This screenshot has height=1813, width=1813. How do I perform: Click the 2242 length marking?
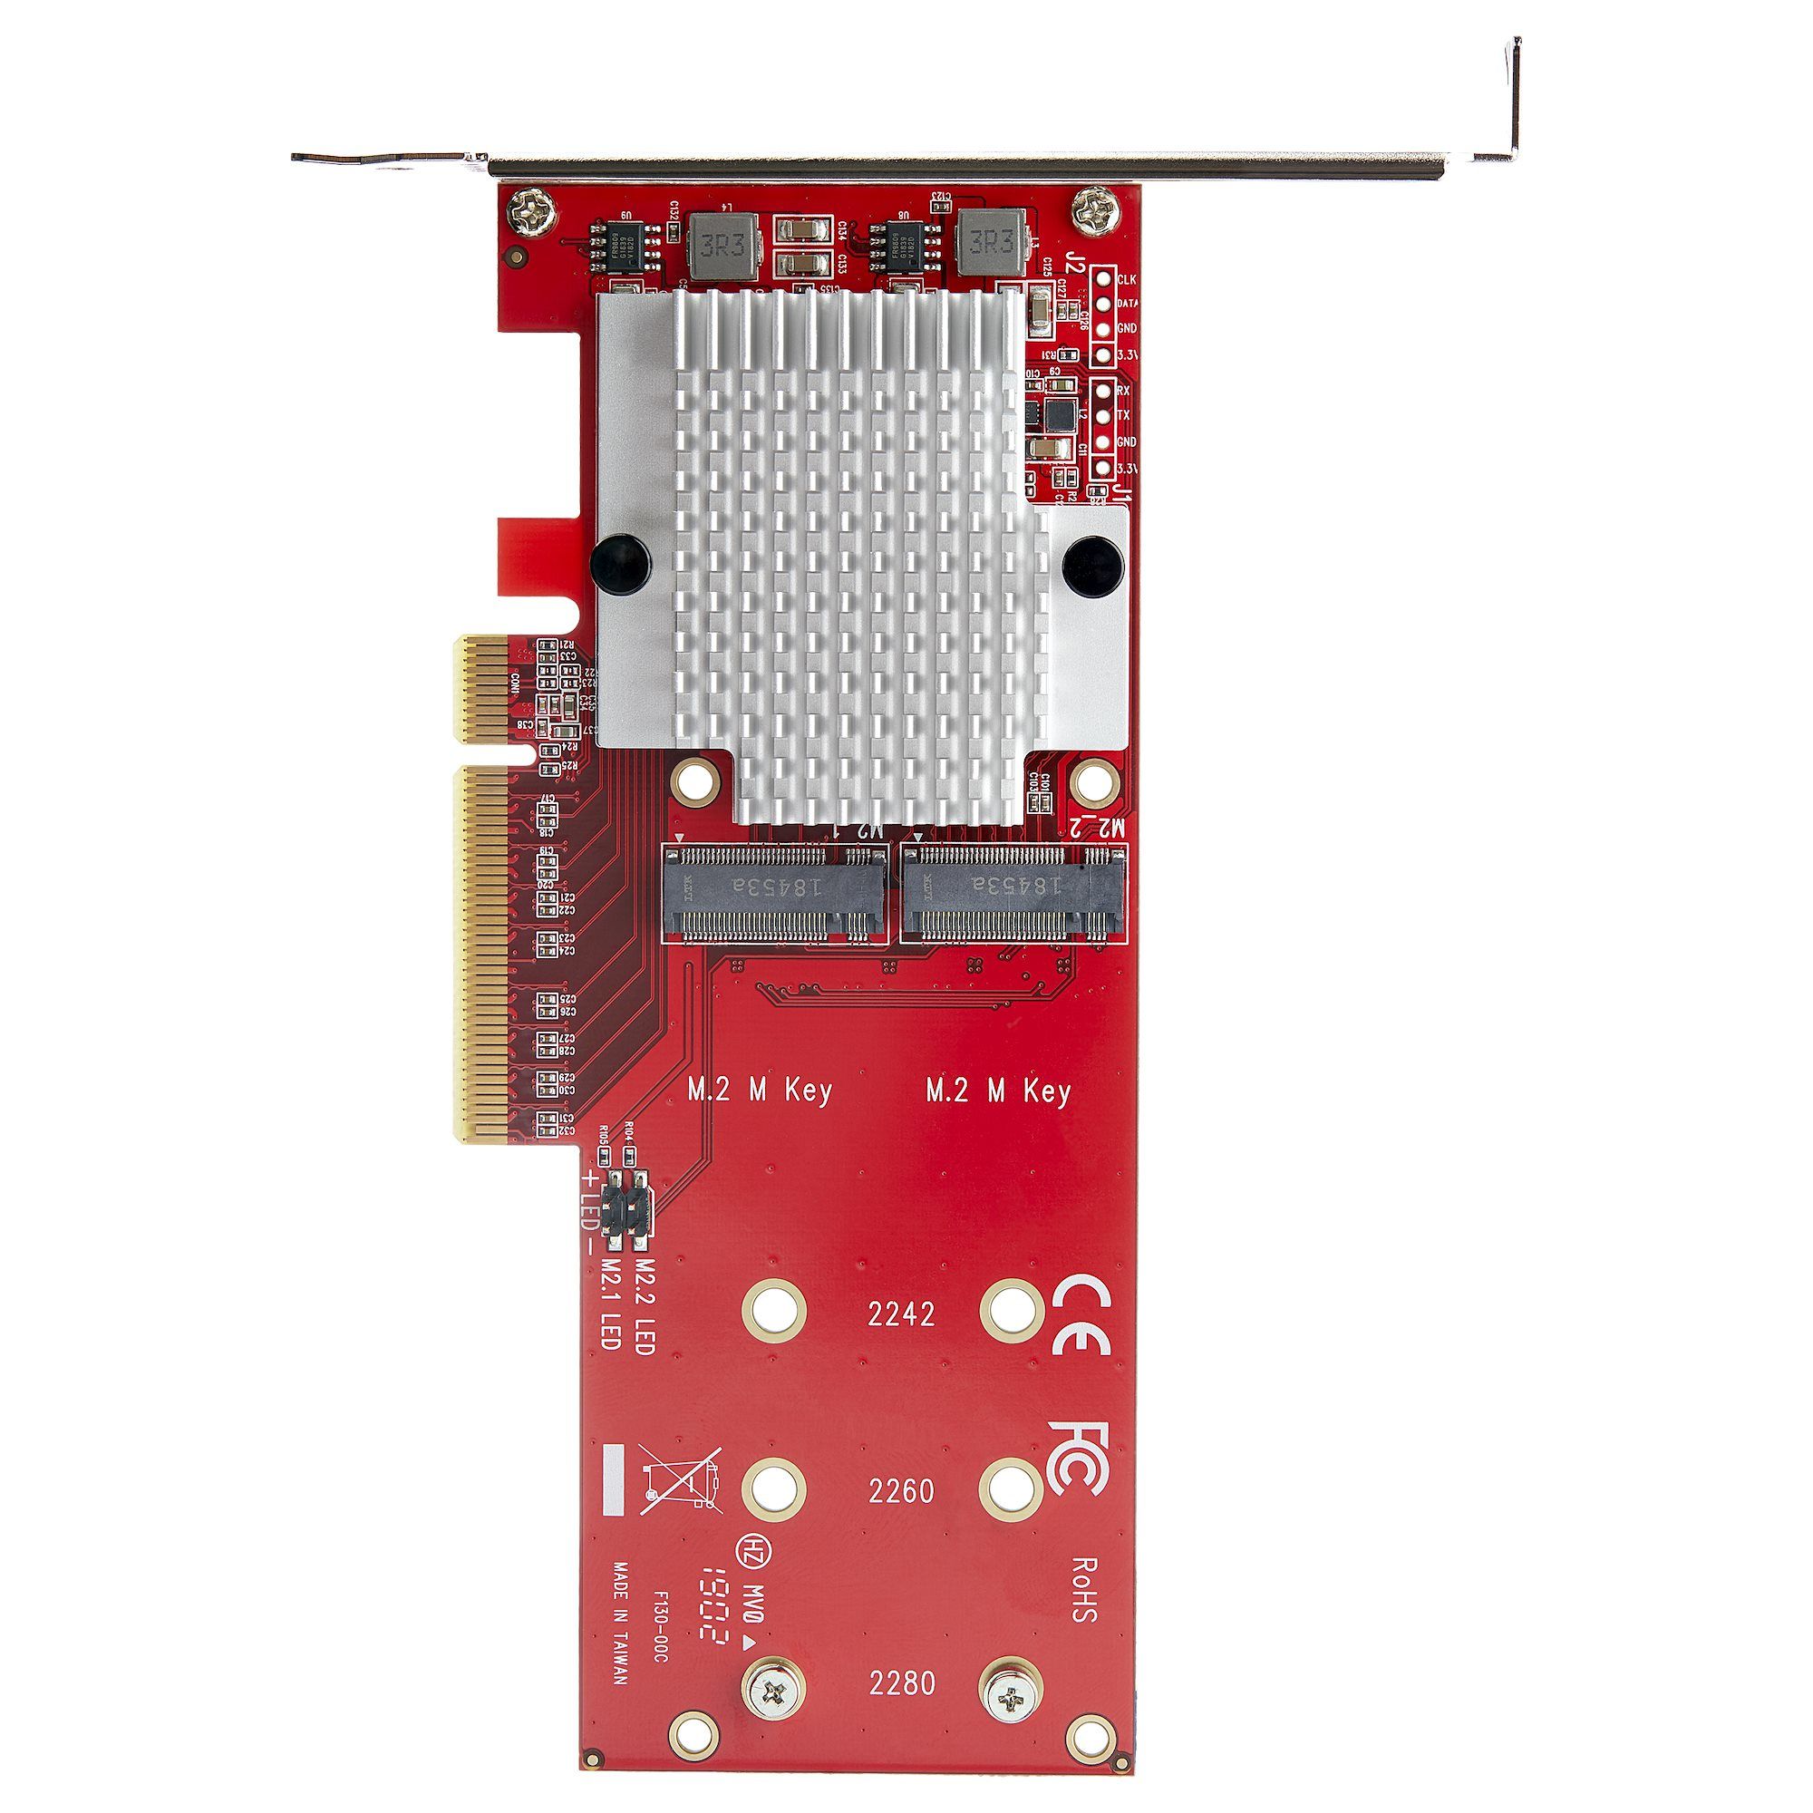click(902, 1314)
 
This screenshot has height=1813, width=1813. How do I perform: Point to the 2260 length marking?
click(901, 1490)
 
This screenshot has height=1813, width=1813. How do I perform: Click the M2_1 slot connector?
click(775, 895)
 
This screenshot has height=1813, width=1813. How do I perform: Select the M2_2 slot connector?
click(1013, 895)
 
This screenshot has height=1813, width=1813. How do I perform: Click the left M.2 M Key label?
click(761, 1091)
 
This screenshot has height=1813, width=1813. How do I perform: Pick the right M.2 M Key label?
click(998, 1091)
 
